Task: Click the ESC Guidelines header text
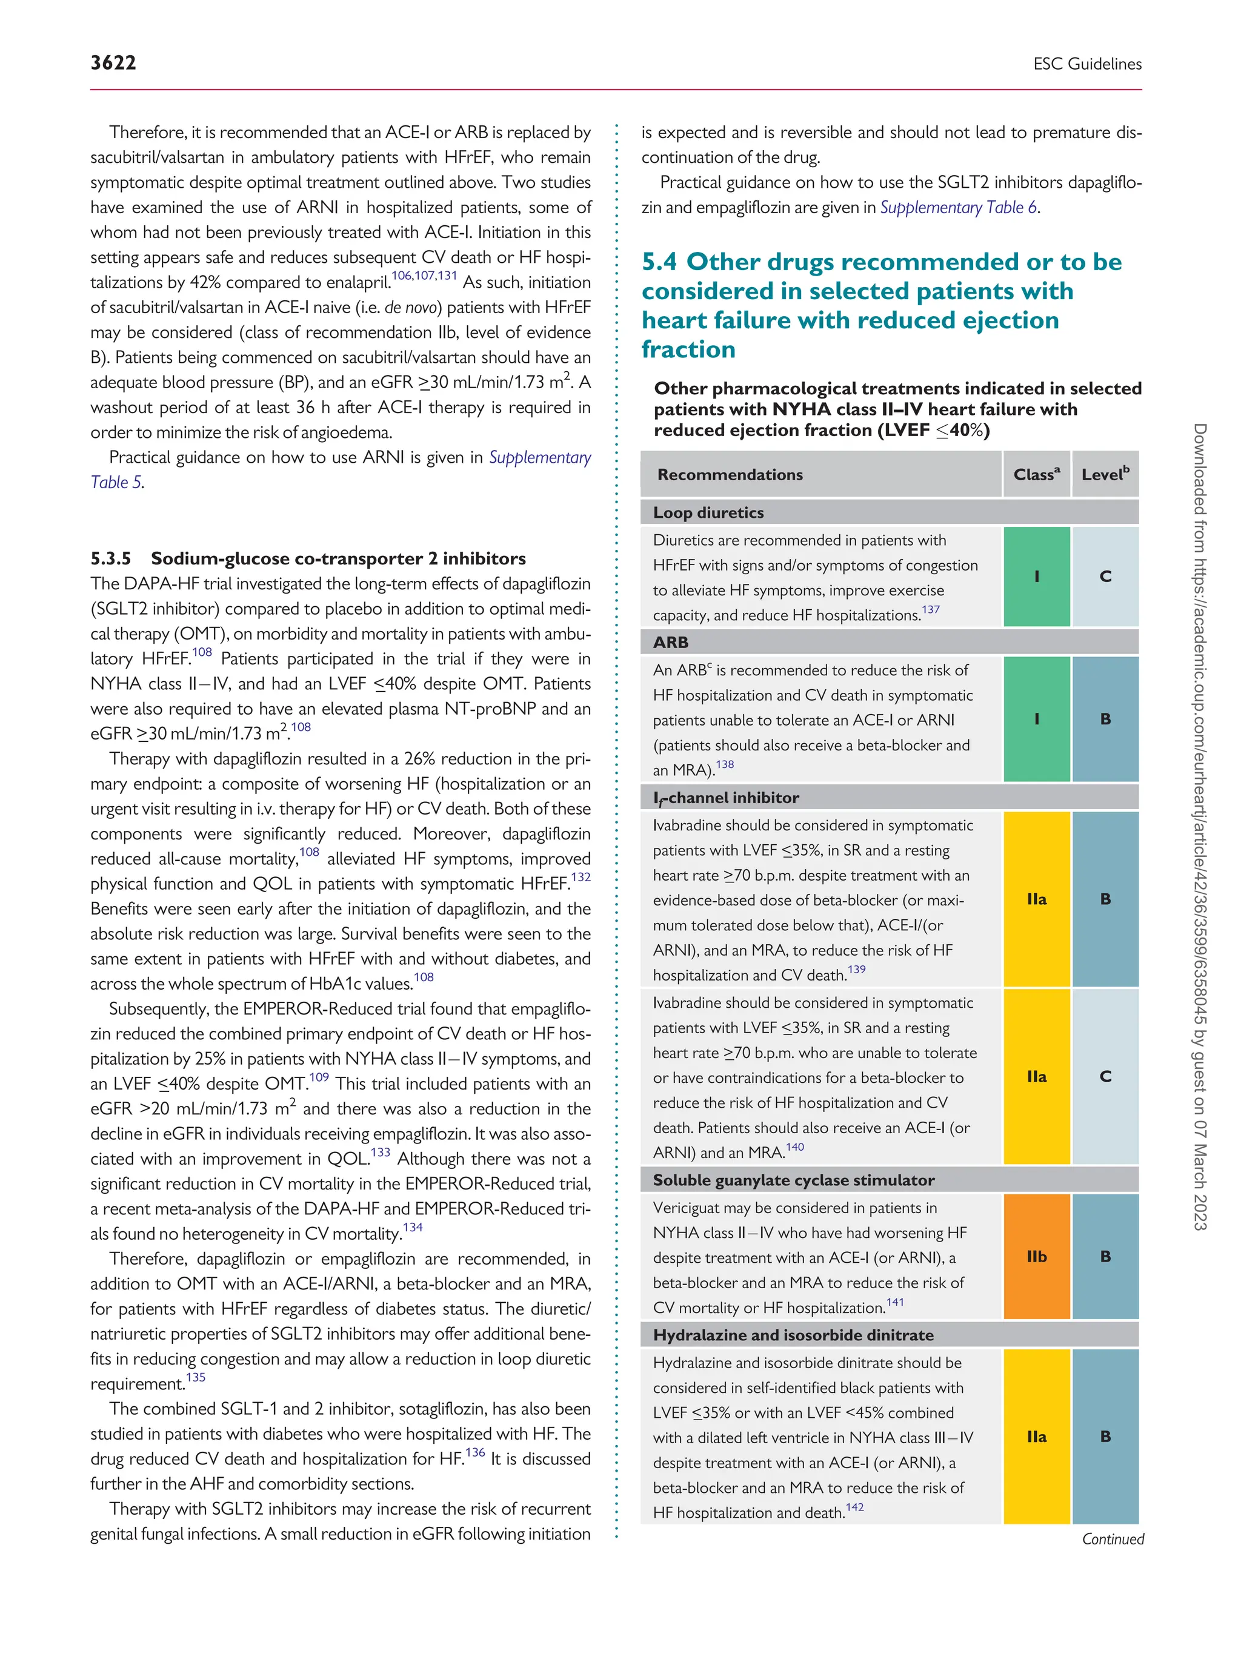1087,64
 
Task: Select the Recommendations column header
730,475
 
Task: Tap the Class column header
1036,475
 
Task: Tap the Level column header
1105,475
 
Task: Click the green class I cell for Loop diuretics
1036,577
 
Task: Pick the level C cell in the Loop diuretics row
1105,577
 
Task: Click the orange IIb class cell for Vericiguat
1036,1256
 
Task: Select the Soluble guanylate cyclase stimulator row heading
793,1180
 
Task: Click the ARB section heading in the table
670,643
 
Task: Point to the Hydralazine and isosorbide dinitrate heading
793,1335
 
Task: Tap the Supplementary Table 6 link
958,208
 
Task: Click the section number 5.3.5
111,558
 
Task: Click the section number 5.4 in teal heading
659,262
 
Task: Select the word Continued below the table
1113,1539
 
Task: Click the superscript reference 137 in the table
931,609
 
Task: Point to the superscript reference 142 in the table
854,1507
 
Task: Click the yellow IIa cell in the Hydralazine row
1036,1437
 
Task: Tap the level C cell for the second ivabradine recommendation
1105,1077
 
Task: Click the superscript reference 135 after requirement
195,1377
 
